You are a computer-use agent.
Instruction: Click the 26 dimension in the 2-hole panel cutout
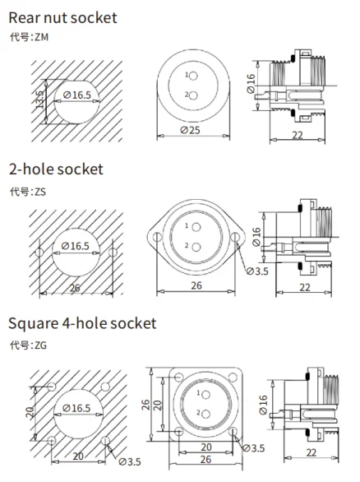75,288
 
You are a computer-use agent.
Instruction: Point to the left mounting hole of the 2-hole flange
154,239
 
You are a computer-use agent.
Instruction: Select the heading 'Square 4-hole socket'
82,322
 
